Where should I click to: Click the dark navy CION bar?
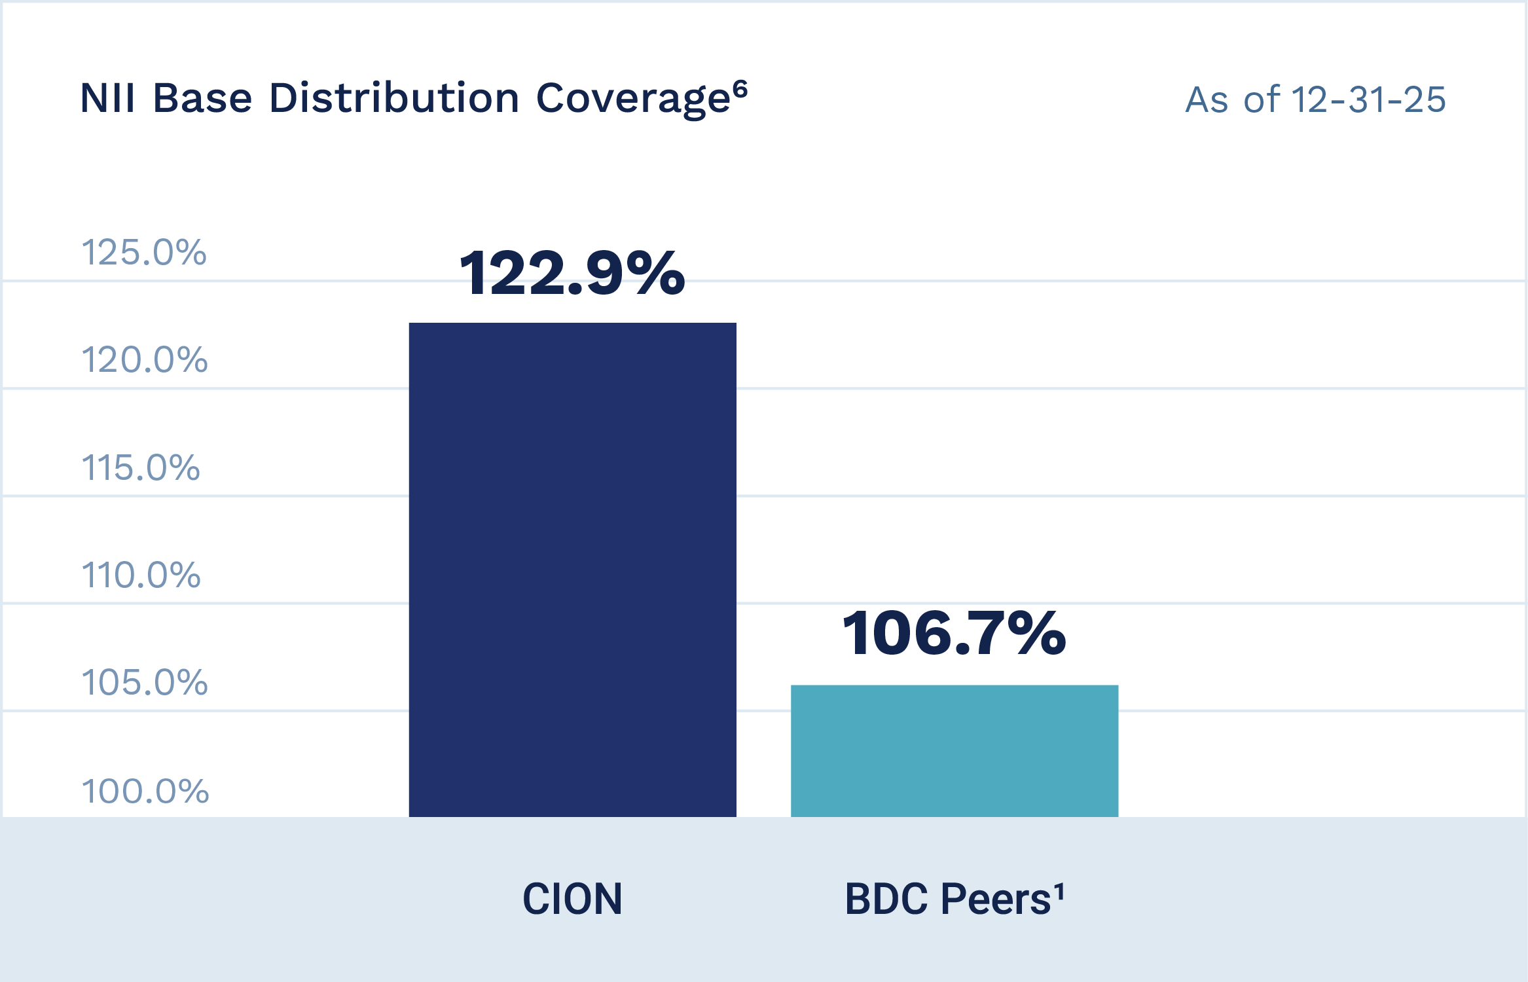pos(572,570)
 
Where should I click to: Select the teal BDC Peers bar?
pos(954,751)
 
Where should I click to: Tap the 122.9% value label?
pos(572,273)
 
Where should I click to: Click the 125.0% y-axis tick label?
pos(143,253)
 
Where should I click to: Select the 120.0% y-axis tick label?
pos(144,360)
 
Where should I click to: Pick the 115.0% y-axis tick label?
pos(140,468)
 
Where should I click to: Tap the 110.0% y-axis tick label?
pos(141,575)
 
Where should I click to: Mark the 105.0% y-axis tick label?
pos(144,683)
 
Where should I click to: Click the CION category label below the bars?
pos(572,899)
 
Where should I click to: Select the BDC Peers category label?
pos(947,899)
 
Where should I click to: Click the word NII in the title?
pos(107,99)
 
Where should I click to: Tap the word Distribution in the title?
pos(393,99)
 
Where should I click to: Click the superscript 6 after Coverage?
pos(740,88)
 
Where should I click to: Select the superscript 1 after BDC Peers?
pos(1059,891)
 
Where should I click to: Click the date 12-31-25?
pos(1368,100)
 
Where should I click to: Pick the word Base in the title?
pos(202,99)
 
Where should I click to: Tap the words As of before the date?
pos(1232,100)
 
